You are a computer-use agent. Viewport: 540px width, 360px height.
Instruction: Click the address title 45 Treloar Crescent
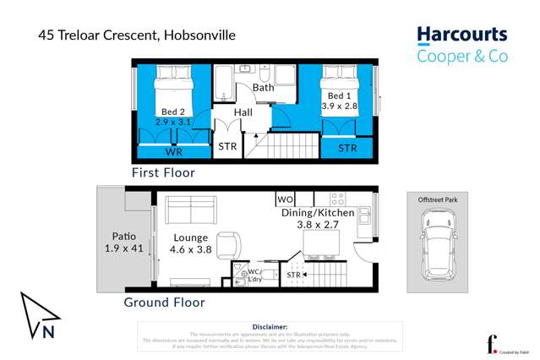tap(136, 35)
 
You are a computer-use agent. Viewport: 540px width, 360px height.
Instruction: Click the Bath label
tap(263, 87)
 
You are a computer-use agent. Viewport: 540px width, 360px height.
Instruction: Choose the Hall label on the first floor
tap(243, 112)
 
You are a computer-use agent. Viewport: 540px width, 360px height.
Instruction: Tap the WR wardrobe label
tap(173, 153)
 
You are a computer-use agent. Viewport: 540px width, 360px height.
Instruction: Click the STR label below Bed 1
tap(347, 148)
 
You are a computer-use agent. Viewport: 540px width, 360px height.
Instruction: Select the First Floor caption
tap(163, 172)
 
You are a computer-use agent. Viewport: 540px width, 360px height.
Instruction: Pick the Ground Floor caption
tap(164, 302)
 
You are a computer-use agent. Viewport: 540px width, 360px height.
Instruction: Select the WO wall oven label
tap(286, 199)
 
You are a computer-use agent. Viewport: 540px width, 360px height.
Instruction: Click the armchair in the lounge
tap(230, 245)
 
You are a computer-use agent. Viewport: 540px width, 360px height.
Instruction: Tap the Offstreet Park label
tap(437, 199)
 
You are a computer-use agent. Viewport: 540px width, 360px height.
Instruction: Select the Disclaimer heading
tap(270, 326)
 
